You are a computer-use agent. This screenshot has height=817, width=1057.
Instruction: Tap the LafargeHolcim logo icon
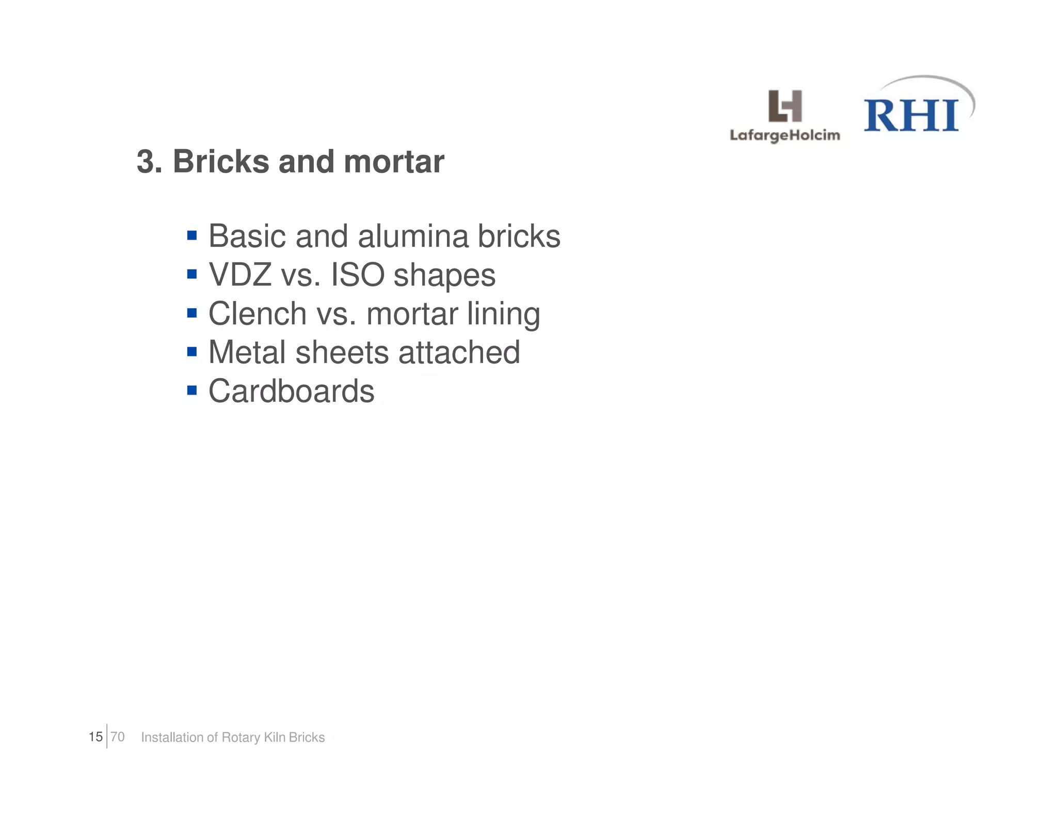785,106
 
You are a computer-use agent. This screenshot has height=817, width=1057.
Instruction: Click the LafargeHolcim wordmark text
784,136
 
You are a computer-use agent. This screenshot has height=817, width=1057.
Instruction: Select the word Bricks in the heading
221,162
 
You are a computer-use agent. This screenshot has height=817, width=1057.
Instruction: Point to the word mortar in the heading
394,162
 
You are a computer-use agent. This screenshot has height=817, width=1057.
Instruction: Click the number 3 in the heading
145,162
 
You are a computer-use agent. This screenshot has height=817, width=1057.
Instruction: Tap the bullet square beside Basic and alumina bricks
192,236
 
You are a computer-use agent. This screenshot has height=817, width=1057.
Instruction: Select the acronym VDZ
240,275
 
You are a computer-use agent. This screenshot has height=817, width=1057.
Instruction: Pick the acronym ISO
357,275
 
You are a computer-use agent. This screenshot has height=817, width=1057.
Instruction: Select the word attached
459,352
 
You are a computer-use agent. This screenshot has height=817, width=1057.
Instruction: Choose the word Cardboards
291,391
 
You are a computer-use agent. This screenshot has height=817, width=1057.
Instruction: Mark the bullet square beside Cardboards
192,390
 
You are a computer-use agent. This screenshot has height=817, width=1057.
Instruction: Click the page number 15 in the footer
95,737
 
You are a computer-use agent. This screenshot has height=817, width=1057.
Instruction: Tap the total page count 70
118,737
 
